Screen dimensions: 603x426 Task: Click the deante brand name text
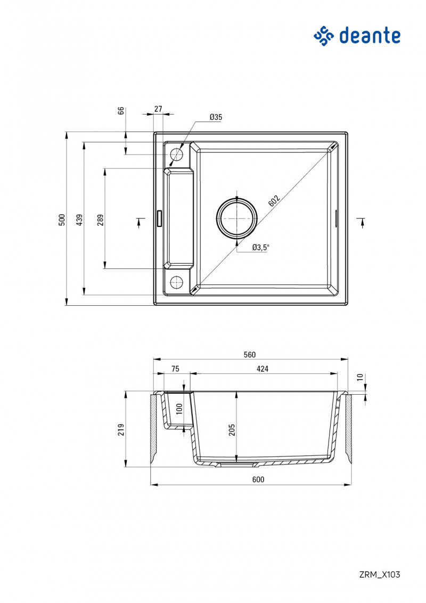click(369, 36)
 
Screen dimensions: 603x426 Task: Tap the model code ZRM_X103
click(379, 574)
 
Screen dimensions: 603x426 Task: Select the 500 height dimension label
click(62, 219)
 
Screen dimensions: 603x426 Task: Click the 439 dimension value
click(79, 219)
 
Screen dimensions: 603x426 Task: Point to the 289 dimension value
click(100, 219)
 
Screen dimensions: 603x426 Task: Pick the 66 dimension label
click(121, 110)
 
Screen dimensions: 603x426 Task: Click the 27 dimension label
click(158, 109)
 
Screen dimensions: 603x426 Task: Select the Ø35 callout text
click(216, 117)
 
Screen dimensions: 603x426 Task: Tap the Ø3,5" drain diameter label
click(261, 247)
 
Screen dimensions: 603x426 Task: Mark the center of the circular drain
click(237, 218)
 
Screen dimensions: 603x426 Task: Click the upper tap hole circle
click(176, 154)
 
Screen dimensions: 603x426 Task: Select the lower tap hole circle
click(176, 281)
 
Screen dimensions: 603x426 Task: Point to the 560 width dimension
click(250, 354)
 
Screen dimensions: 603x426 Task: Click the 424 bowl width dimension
click(262, 369)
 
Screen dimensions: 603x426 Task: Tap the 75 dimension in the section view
click(175, 369)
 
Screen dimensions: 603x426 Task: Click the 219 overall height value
click(121, 429)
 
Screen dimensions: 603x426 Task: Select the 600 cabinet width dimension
click(258, 479)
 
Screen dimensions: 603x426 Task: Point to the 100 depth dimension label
click(179, 409)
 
